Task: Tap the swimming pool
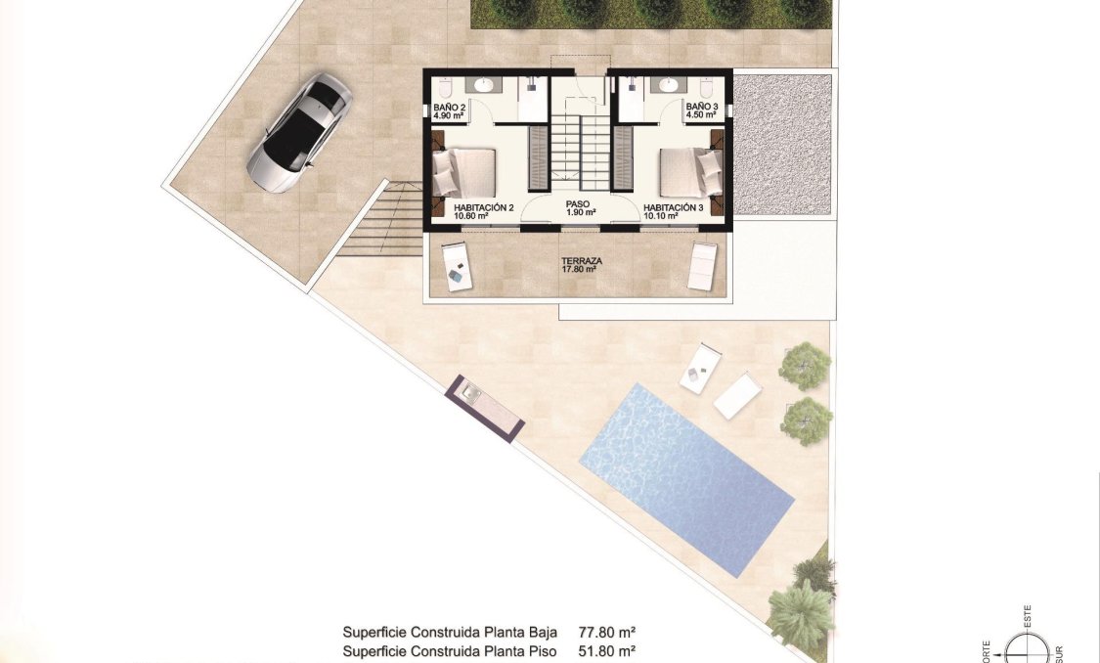point(686,479)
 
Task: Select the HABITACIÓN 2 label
point(484,208)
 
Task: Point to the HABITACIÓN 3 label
point(674,208)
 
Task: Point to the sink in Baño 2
point(478,84)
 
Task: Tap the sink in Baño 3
point(669,84)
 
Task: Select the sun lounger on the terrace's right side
point(702,265)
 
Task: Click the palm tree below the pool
point(802,611)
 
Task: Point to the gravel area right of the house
point(782,145)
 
